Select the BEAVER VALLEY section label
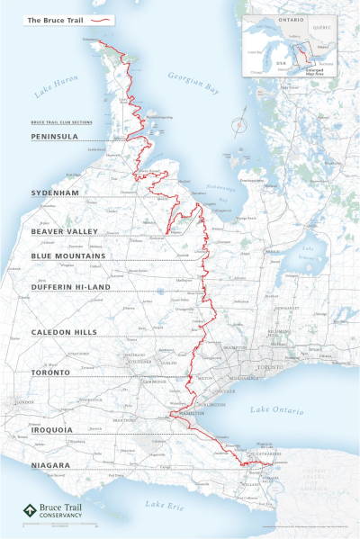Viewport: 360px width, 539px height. tap(65, 231)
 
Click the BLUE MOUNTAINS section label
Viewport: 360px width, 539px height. tap(67, 256)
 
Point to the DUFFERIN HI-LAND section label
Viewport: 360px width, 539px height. tap(69, 287)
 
